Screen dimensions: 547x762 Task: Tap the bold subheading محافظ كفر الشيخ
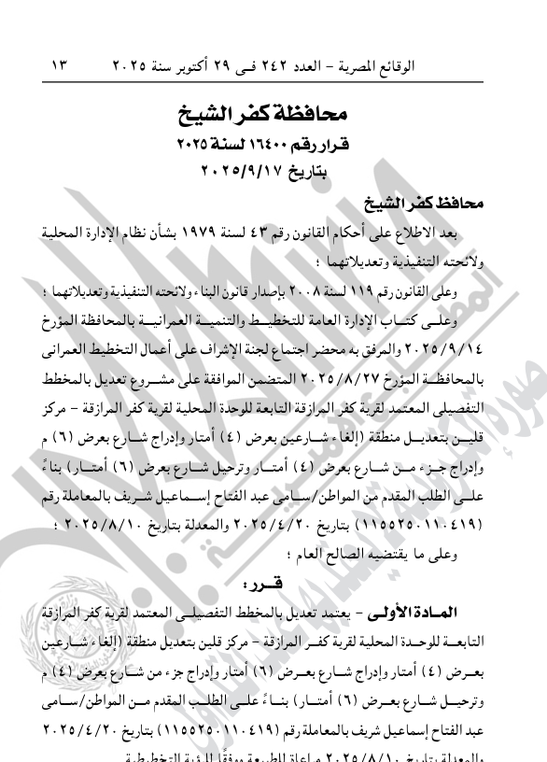click(439, 202)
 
